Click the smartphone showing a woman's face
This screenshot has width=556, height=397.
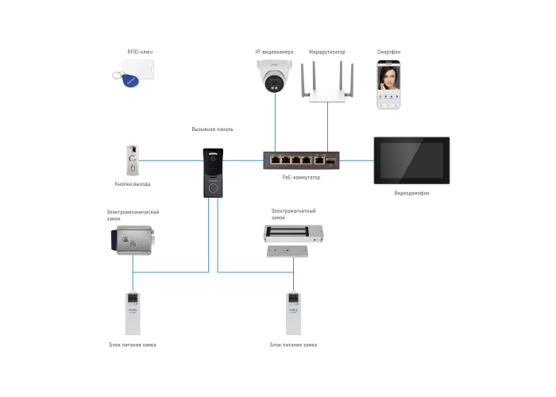[x=388, y=84]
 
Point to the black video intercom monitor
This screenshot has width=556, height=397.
[x=411, y=160]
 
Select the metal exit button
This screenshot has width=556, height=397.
[x=133, y=161]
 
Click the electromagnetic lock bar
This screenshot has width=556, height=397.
[x=294, y=233]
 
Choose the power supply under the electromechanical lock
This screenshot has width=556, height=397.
[x=133, y=313]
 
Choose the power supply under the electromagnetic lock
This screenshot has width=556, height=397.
[x=293, y=313]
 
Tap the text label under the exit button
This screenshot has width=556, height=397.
[x=133, y=184]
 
